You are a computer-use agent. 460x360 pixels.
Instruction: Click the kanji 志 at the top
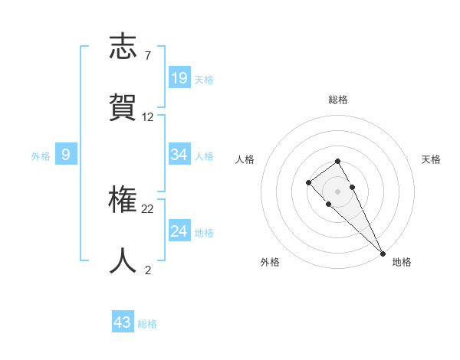[123, 47]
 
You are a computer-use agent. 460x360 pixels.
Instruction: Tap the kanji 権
[123, 201]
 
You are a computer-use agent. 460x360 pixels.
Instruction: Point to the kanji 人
[123, 260]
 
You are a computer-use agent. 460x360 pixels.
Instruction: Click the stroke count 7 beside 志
[147, 56]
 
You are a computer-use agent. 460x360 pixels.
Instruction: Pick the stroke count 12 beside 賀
[148, 117]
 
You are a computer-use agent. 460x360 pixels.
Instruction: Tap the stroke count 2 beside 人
[147, 270]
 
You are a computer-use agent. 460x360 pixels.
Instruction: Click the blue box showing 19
[179, 77]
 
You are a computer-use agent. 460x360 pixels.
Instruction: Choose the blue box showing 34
[179, 155]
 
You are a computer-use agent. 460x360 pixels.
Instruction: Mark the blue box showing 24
[179, 231]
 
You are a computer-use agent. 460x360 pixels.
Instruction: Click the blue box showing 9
[66, 155]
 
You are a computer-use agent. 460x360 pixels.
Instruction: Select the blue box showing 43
[123, 322]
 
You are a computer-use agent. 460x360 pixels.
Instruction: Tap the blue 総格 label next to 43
[147, 324]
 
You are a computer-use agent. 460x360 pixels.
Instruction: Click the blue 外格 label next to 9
[41, 156]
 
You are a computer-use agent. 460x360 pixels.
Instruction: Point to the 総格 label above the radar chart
[338, 100]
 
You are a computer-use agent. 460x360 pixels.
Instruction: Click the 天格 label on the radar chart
[431, 159]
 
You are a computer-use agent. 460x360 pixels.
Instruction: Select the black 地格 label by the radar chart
[402, 262]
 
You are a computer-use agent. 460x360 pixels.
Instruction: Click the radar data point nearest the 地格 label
[382, 253]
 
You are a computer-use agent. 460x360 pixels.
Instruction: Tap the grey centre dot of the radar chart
[337, 191]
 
